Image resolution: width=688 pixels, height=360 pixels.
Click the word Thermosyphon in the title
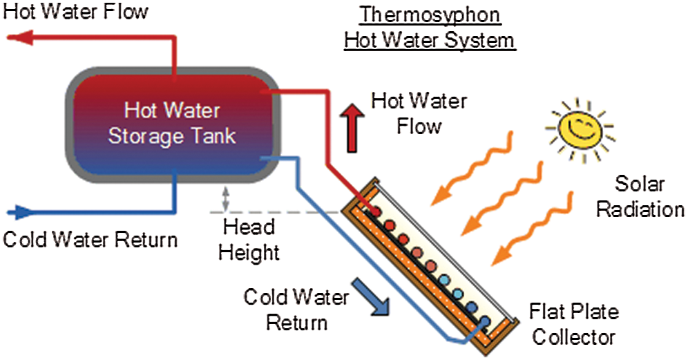430,15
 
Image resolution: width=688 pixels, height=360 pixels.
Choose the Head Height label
249,239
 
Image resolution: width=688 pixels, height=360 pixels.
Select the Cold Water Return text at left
90,240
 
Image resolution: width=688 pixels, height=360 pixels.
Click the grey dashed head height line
276,211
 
